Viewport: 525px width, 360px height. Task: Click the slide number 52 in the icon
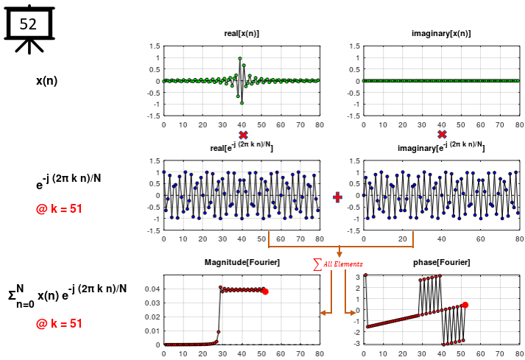pyautogui.click(x=28, y=24)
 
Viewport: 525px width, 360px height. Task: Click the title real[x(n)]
pyautogui.click(x=242, y=34)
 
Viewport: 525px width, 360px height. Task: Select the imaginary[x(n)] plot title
pyautogui.click(x=441, y=34)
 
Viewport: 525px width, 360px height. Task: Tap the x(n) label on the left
pyautogui.click(x=46, y=80)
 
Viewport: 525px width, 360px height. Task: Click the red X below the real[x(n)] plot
pyautogui.click(x=242, y=135)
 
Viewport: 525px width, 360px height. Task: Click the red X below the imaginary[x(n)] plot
pyautogui.click(x=442, y=135)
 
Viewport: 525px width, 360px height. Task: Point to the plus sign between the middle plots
pyautogui.click(x=338, y=197)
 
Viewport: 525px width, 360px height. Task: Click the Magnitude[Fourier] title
pyautogui.click(x=242, y=263)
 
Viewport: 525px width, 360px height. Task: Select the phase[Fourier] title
pyautogui.click(x=441, y=263)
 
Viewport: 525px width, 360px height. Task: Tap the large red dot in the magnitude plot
pyautogui.click(x=265, y=292)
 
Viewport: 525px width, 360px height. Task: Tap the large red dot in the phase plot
pyautogui.click(x=465, y=305)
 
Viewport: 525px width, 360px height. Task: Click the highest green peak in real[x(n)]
pyautogui.click(x=240, y=58)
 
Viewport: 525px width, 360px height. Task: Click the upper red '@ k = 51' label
pyautogui.click(x=58, y=208)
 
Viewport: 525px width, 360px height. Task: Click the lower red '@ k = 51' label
pyautogui.click(x=58, y=323)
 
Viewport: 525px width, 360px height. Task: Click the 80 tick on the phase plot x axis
pyautogui.click(x=518, y=353)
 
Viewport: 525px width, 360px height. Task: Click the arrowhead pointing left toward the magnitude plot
pyautogui.click(x=323, y=313)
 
